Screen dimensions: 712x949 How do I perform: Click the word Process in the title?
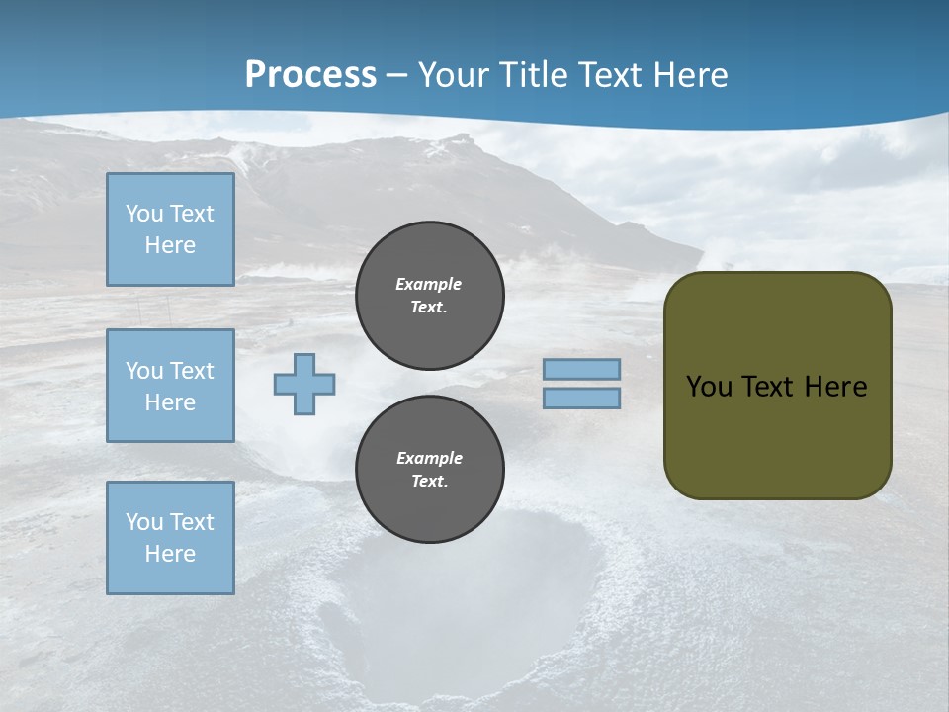[310, 74]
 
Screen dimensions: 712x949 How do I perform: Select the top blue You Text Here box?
[170, 229]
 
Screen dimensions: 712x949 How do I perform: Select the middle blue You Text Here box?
[170, 386]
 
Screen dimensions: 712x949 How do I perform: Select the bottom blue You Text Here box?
[170, 538]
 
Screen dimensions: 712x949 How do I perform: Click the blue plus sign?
[304, 384]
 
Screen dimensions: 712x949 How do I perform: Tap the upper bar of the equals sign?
[581, 369]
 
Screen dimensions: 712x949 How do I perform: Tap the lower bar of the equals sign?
[581, 398]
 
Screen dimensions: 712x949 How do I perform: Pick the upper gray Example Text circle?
[430, 295]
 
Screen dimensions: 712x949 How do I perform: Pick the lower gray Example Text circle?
[430, 469]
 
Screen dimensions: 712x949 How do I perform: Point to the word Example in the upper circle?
[428, 284]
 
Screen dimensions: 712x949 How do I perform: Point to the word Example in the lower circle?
[429, 458]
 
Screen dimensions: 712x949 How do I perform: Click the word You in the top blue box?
[144, 214]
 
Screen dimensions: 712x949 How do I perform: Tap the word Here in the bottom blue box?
[170, 554]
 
